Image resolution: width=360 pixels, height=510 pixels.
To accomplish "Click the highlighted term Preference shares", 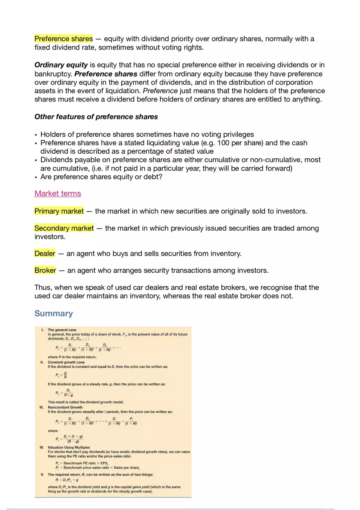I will tap(63, 39).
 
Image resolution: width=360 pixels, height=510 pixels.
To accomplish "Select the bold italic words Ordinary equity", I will tap(61, 65).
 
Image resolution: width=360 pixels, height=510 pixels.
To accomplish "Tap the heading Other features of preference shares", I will tap(96, 117).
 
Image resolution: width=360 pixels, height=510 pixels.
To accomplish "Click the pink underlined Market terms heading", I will tap(58, 193).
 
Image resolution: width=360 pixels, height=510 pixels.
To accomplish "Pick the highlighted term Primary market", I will tap(59, 211).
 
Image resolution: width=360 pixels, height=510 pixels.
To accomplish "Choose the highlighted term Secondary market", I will tap(64, 228).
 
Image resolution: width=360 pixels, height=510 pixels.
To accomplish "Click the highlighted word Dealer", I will tap(45, 254).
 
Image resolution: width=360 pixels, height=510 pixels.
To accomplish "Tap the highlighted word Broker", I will tap(45, 270).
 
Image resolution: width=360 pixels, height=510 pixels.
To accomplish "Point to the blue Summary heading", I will tap(54, 314).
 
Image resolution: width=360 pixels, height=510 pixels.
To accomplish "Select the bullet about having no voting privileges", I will tap(147, 135).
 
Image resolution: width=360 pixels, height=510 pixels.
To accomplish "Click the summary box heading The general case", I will tap(62, 330).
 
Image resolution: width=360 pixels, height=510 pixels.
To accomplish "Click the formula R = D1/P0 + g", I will tap(68, 480).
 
